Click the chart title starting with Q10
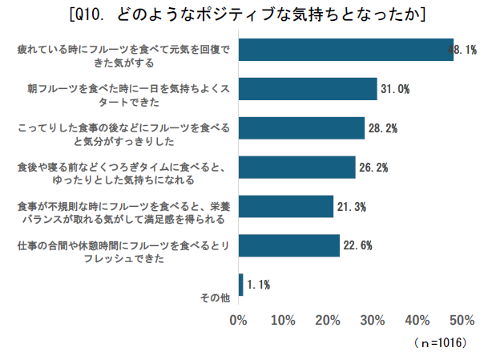tap(248, 14)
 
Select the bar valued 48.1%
tap(345, 50)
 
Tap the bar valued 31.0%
tap(308, 89)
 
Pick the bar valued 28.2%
tap(301, 128)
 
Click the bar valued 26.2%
tap(296, 168)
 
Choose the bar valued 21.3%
tap(286, 207)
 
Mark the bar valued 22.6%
tap(288, 246)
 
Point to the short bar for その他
tap(240, 285)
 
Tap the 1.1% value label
tap(258, 285)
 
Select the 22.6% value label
tap(358, 246)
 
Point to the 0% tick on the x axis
tap(238, 321)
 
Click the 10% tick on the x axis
tap(283, 321)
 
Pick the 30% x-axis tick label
tap(373, 321)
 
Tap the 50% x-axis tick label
tap(462, 321)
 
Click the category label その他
tap(215, 298)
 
